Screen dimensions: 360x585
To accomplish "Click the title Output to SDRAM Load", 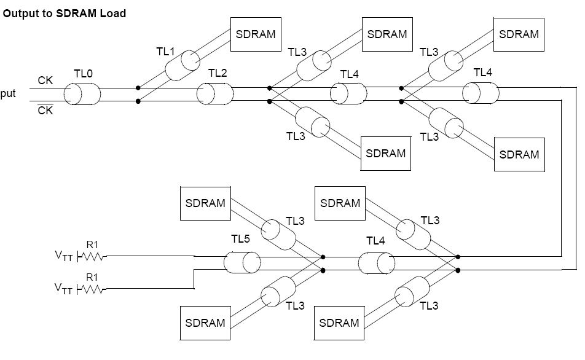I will (65, 13).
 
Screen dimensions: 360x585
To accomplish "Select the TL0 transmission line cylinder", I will (82, 95).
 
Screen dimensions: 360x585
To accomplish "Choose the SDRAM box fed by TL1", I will (256, 34).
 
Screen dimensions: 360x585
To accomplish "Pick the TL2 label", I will (218, 73).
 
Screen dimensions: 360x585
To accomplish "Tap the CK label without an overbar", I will (45, 80).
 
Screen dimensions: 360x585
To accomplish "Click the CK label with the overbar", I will (45, 111).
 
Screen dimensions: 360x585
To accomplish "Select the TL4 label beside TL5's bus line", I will (375, 241).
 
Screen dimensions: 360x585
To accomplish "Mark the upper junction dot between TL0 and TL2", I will (138, 88).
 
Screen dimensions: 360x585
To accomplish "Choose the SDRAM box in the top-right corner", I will (519, 34).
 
